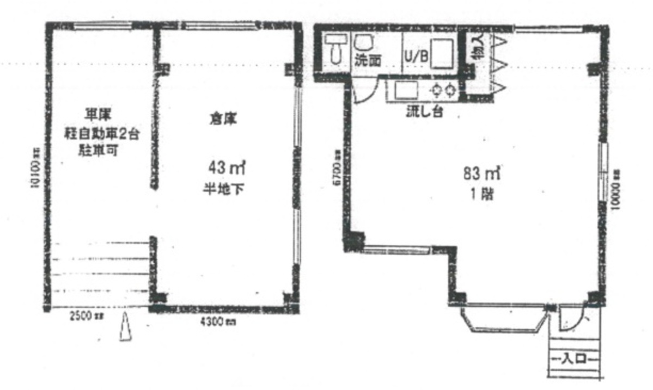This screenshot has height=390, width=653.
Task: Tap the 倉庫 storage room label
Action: [223, 119]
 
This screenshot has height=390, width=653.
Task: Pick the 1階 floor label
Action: [481, 195]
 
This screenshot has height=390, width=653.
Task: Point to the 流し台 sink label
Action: [424, 113]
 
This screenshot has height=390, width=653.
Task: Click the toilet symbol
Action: [335, 49]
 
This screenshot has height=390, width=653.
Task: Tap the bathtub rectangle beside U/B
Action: [442, 53]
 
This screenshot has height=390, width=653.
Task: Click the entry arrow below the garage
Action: [126, 327]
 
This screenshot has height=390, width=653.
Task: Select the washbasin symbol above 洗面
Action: [362, 42]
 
